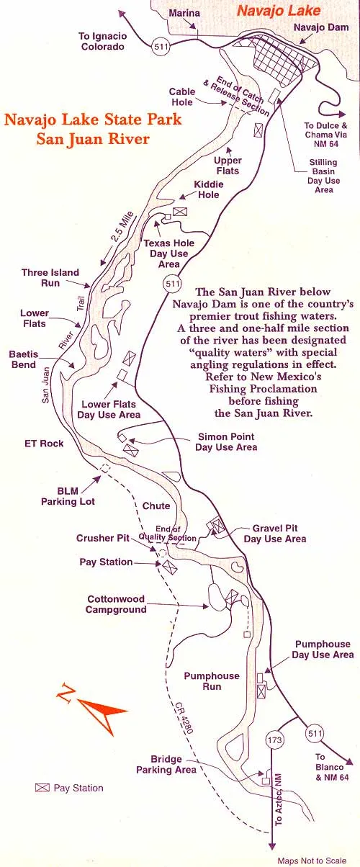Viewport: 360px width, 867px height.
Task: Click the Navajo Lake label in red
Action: tap(270, 11)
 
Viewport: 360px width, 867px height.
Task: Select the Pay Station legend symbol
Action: tap(42, 788)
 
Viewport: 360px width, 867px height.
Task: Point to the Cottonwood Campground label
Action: tap(117, 604)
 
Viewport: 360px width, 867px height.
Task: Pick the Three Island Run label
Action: tap(50, 278)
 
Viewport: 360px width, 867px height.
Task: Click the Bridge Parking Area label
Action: tap(166, 765)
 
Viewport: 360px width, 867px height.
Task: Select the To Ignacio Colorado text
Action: tap(104, 41)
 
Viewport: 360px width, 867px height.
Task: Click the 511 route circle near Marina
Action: tap(162, 47)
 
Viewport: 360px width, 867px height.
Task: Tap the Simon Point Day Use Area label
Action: tap(226, 442)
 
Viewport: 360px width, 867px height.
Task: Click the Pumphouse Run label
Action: tap(211, 681)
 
